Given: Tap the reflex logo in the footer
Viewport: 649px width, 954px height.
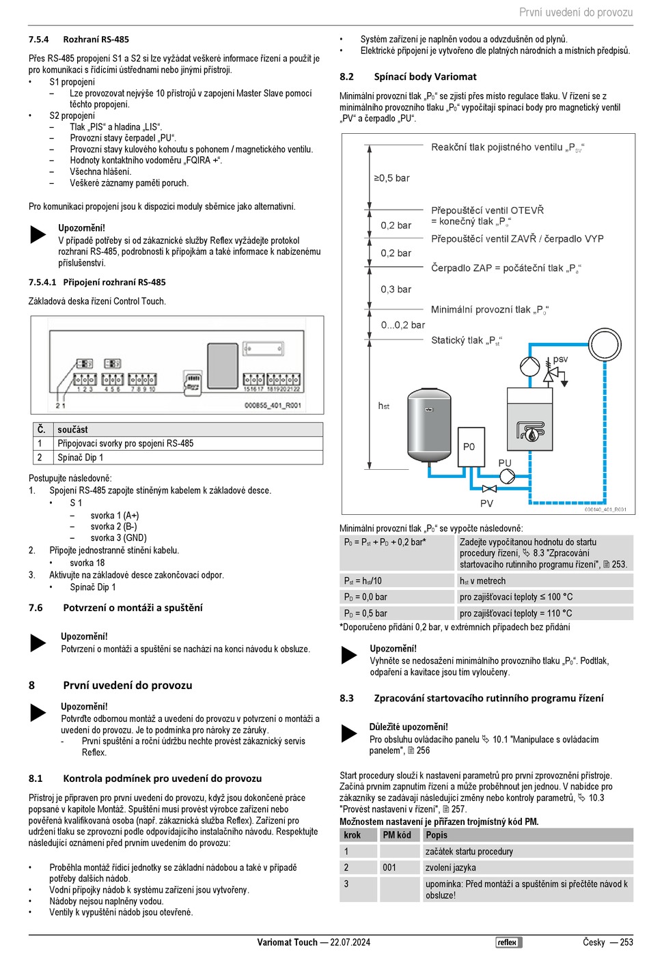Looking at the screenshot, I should pyautogui.click(x=508, y=942).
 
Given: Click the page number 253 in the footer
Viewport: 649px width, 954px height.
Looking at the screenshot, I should pyautogui.click(x=626, y=942).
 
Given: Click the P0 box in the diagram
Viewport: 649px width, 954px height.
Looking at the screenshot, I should pyautogui.click(x=469, y=447).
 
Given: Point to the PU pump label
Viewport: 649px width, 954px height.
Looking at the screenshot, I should pyautogui.click(x=505, y=463).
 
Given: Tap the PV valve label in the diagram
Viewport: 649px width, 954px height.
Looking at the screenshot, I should pyautogui.click(x=486, y=503).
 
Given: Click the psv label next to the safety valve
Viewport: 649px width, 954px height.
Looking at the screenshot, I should pyautogui.click(x=560, y=359).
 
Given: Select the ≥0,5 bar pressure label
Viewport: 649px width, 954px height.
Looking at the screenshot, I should pyautogui.click(x=391, y=178).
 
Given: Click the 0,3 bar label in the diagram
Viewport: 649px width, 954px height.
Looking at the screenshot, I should pyautogui.click(x=396, y=290).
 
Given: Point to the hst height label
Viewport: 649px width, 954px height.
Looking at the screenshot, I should pyautogui.click(x=384, y=406).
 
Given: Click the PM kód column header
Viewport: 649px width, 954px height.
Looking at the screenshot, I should pyautogui.click(x=397, y=835).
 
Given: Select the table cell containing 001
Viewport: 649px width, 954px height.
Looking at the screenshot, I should pyautogui.click(x=389, y=867).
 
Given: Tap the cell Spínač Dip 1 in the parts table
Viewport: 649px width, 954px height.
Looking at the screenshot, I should pyautogui.click(x=81, y=458).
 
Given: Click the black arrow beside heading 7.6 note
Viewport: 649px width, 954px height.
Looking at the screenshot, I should pyautogui.click(x=38, y=643).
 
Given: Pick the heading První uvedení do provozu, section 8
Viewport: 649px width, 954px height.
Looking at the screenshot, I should pyautogui.click(x=128, y=685).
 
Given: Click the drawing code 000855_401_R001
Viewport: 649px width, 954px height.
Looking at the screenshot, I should pyautogui.click(x=273, y=405).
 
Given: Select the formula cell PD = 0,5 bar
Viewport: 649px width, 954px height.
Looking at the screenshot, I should pyautogui.click(x=365, y=613).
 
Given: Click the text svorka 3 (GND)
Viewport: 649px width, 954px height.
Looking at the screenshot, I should pyautogui.click(x=118, y=537).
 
